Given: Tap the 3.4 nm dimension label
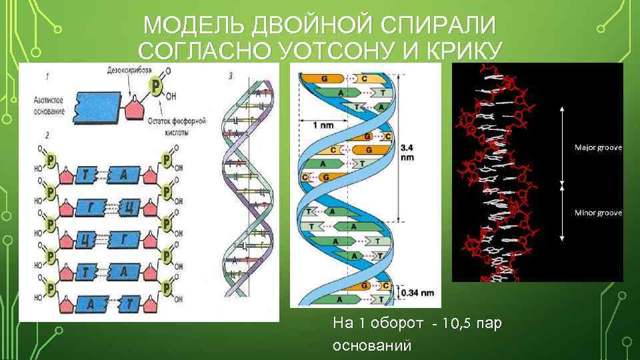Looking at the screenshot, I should (407, 152).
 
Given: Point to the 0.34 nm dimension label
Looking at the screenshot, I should (419, 292).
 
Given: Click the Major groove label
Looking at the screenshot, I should (598, 147).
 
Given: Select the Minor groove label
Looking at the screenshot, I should (598, 213).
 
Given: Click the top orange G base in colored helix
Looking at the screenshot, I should (325, 78).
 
